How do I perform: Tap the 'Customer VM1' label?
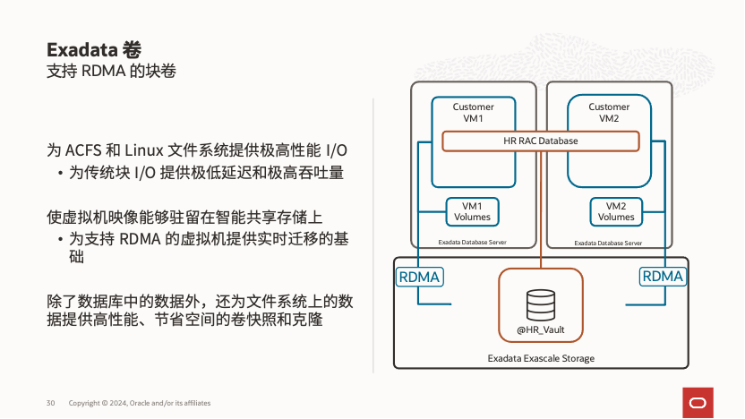pos(473,112)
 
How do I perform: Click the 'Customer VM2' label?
pos(609,112)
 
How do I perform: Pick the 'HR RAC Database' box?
pos(541,141)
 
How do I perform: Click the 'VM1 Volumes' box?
pos(472,211)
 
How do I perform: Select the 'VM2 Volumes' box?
pos(616,211)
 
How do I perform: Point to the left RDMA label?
pos(419,277)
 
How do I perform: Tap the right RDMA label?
pos(663,277)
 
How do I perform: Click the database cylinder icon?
pos(541,304)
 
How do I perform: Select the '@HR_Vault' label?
pos(541,330)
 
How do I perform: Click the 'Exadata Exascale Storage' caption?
pos(541,358)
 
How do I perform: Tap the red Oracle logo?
pos(698,400)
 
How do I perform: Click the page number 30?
pos(51,403)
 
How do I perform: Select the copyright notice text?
pos(140,403)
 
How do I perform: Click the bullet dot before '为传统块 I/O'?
pos(60,173)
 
